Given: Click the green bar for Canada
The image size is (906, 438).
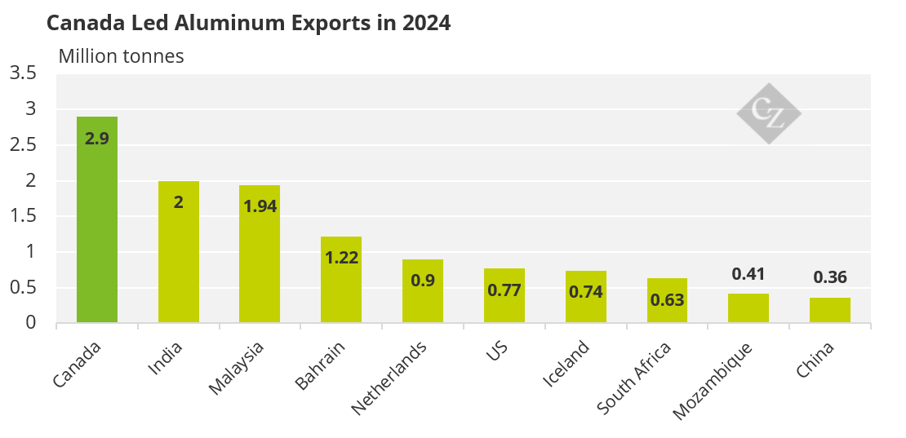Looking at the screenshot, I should pyautogui.click(x=97, y=220).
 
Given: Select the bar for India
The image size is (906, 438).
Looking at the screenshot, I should pyautogui.click(x=178, y=252).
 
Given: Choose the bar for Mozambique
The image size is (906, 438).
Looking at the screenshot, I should pyautogui.click(x=748, y=308).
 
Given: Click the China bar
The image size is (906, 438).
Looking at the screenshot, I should pyautogui.click(x=830, y=311).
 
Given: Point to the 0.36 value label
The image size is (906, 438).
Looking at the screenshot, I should pyautogui.click(x=830, y=277).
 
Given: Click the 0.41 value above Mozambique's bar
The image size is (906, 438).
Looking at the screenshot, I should pyautogui.click(x=748, y=274).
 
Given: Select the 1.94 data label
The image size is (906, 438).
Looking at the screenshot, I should pyautogui.click(x=260, y=206).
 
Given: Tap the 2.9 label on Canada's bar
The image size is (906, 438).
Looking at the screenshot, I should pyautogui.click(x=97, y=139).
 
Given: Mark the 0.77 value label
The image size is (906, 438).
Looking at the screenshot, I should pyautogui.click(x=504, y=290).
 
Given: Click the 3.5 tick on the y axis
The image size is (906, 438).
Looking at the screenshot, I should pyautogui.click(x=23, y=73).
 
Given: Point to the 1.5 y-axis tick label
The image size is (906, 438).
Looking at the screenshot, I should pyautogui.click(x=23, y=216).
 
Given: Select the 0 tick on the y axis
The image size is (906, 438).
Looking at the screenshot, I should pyautogui.click(x=31, y=323).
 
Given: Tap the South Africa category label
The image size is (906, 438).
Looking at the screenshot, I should pyautogui.click(x=634, y=378).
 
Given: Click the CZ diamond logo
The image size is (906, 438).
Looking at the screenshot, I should pyautogui.click(x=768, y=113).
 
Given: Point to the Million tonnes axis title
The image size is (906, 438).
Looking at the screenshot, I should pyautogui.click(x=121, y=56).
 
